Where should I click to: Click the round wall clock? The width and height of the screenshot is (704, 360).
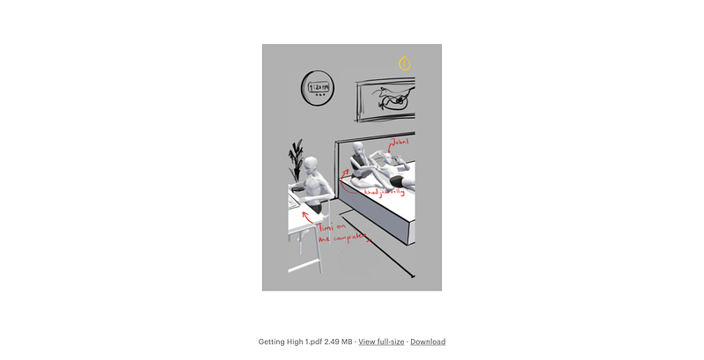point(318,88)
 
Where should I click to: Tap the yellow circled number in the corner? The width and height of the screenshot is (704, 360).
point(405,63)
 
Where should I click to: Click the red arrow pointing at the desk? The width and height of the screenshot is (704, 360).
point(309,216)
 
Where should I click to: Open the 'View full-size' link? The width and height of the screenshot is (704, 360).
point(381,342)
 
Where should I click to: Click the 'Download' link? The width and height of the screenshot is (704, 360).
point(428,342)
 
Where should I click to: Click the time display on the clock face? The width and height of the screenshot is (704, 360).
point(318,87)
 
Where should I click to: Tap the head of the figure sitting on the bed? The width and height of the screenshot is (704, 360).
point(358,149)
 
